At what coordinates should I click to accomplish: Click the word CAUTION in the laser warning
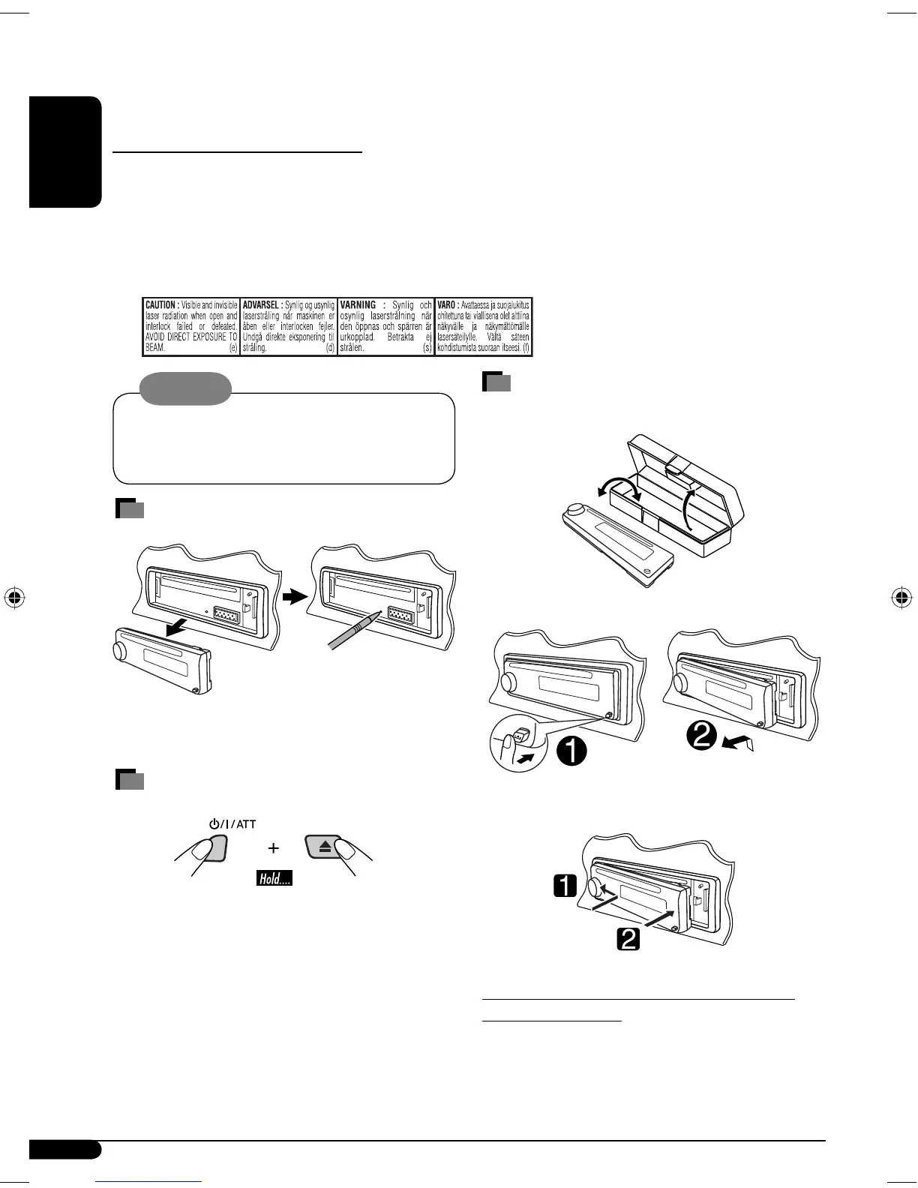(x=160, y=305)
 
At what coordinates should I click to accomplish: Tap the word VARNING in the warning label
(x=357, y=305)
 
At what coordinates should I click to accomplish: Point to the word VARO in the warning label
(x=447, y=305)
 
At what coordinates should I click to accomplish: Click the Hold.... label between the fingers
(x=274, y=878)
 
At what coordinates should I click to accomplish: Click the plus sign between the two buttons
(x=274, y=848)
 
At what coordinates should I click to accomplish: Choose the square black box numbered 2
(x=627, y=938)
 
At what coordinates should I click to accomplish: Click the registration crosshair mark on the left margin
(x=16, y=598)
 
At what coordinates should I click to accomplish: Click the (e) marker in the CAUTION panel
(x=233, y=348)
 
